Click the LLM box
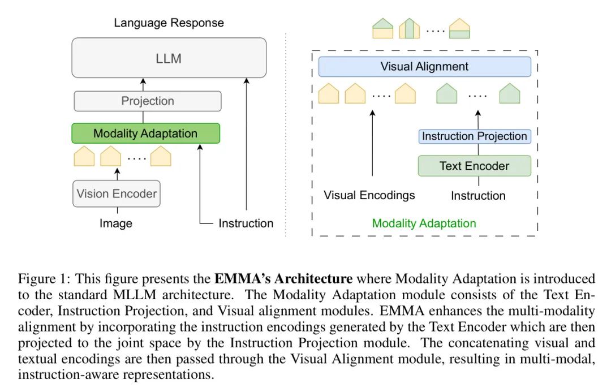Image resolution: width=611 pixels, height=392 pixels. pyautogui.click(x=169, y=58)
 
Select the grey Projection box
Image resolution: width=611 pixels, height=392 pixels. pyautogui.click(x=148, y=101)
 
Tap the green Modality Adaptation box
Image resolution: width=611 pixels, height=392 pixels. pyautogui.click(x=145, y=133)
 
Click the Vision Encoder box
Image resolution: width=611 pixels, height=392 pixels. pyautogui.click(x=117, y=193)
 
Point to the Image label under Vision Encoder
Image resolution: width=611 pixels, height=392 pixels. pyautogui.click(x=116, y=223)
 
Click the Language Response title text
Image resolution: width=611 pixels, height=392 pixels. pyautogui.click(x=169, y=23)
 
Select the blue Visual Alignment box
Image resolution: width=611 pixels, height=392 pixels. pyautogui.click(x=424, y=67)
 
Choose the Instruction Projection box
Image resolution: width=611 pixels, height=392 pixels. pyautogui.click(x=474, y=136)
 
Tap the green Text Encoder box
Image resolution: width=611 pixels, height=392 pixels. pyautogui.click(x=474, y=166)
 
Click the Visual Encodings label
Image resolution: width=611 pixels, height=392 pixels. pyautogui.click(x=369, y=195)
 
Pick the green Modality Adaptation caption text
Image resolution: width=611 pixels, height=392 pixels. pyautogui.click(x=424, y=223)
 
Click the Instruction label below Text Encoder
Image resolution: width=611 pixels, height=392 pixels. pyautogui.click(x=478, y=196)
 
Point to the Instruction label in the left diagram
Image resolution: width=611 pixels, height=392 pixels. pyautogui.click(x=246, y=223)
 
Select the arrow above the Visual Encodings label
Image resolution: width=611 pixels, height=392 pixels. pyautogui.click(x=372, y=144)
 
